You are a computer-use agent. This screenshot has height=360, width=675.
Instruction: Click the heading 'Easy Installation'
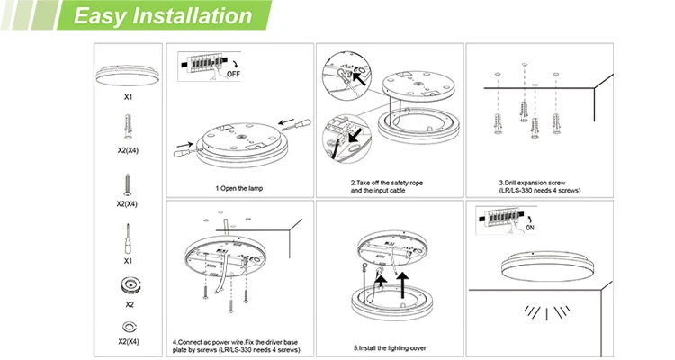(x=161, y=16)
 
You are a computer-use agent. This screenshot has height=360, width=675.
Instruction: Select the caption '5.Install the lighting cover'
(x=389, y=346)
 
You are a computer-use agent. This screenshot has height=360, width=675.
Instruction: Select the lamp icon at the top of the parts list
(x=128, y=69)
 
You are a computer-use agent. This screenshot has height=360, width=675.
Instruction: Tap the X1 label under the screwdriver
(x=128, y=261)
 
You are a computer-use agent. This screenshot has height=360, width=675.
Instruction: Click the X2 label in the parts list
(x=128, y=304)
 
